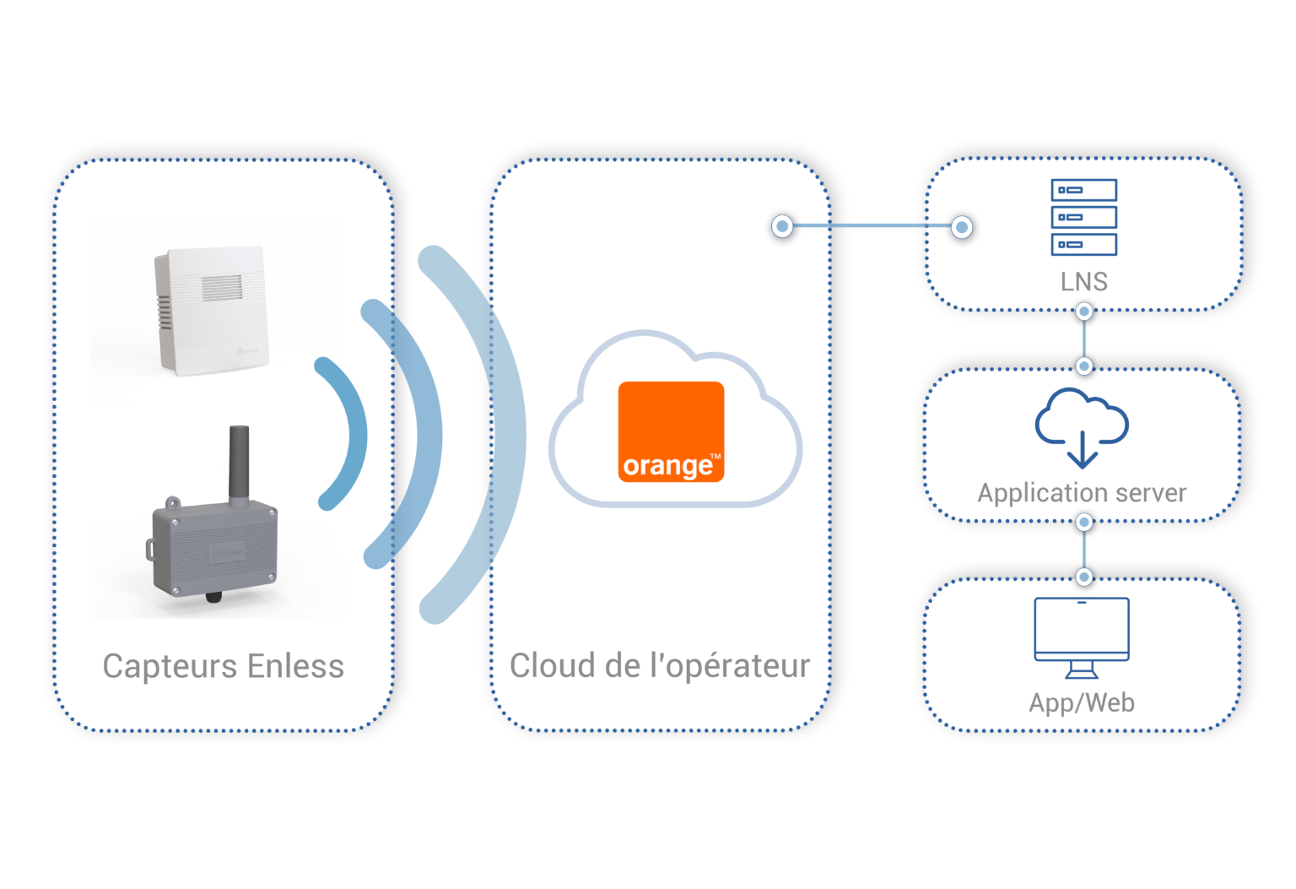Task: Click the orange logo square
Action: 671,431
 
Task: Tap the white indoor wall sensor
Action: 211,310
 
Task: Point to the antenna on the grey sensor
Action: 239,464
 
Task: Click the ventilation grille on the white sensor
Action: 221,288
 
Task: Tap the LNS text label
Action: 1083,282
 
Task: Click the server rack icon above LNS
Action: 1083,217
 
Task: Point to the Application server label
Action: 1082,493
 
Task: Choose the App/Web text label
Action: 1082,702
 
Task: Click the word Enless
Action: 295,666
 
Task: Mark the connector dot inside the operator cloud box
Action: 782,226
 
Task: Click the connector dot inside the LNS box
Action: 961,226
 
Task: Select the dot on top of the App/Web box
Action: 1084,577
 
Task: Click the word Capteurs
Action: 170,666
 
